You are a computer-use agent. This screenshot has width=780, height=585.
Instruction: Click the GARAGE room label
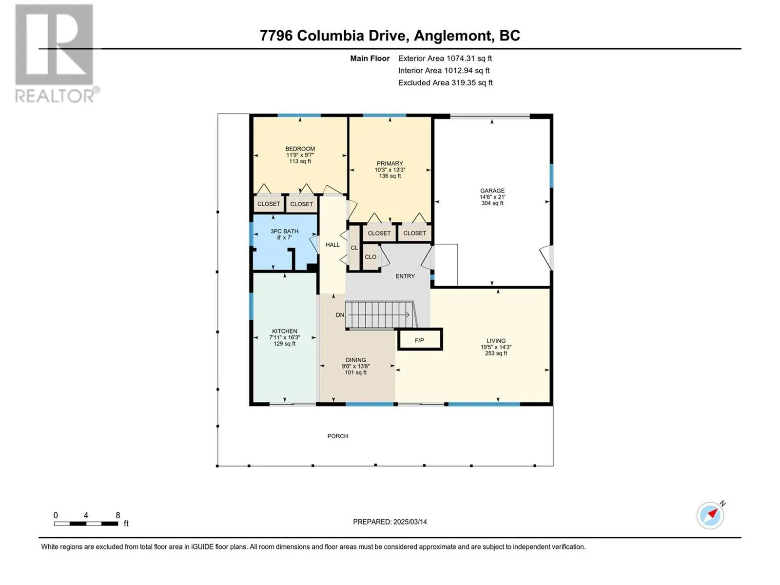click(492, 191)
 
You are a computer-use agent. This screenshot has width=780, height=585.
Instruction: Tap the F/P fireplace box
click(420, 340)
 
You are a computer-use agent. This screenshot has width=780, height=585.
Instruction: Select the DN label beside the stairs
click(340, 315)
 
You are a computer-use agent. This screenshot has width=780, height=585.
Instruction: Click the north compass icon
click(710, 515)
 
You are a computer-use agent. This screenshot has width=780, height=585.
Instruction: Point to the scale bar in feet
click(86, 523)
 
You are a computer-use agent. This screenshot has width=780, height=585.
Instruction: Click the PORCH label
click(337, 436)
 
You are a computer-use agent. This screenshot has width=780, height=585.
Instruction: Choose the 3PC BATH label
click(284, 231)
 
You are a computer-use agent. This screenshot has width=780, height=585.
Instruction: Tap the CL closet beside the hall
click(354, 248)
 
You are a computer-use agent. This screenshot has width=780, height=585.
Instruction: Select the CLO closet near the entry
click(370, 257)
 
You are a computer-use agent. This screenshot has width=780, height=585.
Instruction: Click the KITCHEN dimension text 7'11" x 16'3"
click(285, 337)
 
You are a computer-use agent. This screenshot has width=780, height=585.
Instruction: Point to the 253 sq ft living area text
click(496, 353)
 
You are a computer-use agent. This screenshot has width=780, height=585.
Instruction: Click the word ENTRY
click(405, 276)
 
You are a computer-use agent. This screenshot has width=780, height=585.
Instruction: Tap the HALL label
click(332, 245)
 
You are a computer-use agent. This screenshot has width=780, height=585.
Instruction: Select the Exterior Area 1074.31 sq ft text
click(445, 58)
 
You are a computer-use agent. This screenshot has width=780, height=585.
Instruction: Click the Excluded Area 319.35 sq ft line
click(445, 83)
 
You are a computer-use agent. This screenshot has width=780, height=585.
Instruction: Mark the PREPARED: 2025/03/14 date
click(390, 522)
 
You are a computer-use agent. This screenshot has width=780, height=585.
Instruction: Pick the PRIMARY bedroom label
click(390, 163)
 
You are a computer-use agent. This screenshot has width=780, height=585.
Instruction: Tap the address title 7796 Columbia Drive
click(332, 36)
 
